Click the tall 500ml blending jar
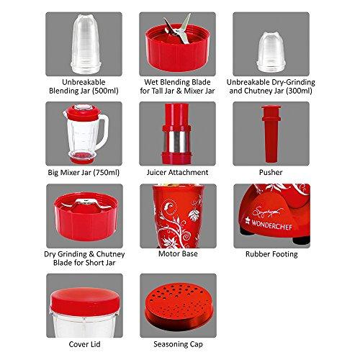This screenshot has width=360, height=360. click(x=84, y=44)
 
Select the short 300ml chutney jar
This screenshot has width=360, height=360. click(x=271, y=52)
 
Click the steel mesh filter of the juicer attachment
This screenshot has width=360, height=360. click(x=177, y=142)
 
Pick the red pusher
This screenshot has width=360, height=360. click(x=271, y=134)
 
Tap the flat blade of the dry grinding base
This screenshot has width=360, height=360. click(x=86, y=203)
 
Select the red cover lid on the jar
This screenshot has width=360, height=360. click(x=85, y=302)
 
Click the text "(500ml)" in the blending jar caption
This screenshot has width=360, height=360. click(x=105, y=91)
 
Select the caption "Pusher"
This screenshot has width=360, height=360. click(x=271, y=172)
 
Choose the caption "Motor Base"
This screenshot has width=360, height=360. click(x=178, y=253)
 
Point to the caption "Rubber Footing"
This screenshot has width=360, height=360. click(x=271, y=254)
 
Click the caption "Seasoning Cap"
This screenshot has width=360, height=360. click(x=178, y=344)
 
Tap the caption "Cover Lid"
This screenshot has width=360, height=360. click(x=84, y=344)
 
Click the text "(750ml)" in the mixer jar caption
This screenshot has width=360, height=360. click(x=106, y=173)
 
